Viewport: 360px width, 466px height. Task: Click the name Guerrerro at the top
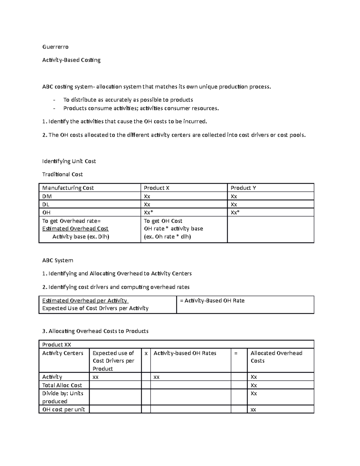pos(55,47)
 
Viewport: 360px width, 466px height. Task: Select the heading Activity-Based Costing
pos(71,60)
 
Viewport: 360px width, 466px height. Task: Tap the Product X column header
pos(157,188)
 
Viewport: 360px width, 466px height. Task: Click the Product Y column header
pos(243,188)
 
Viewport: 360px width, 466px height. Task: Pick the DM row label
pos(47,196)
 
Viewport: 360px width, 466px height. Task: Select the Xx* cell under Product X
pos(148,212)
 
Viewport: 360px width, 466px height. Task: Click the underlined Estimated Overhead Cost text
pos(75,229)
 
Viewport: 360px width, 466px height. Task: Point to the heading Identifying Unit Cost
pos(69,161)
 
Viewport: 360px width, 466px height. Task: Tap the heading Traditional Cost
pos(62,174)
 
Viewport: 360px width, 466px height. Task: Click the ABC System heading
pos(58,260)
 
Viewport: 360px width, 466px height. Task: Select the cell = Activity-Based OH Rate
pos(212,301)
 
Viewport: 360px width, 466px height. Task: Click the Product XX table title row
pos(57,344)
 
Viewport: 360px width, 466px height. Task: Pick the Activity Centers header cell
pos(63,353)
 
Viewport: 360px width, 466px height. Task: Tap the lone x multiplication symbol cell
pos(146,353)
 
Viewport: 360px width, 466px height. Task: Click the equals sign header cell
pos(236,353)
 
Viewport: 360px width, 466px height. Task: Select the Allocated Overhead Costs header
pos(276,357)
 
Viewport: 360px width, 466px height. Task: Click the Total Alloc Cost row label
pos(62,385)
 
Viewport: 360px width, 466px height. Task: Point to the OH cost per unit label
pos(64,409)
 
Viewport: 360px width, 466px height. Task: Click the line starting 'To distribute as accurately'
pos(128,100)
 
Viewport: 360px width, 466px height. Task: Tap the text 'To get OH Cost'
pos(163,221)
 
